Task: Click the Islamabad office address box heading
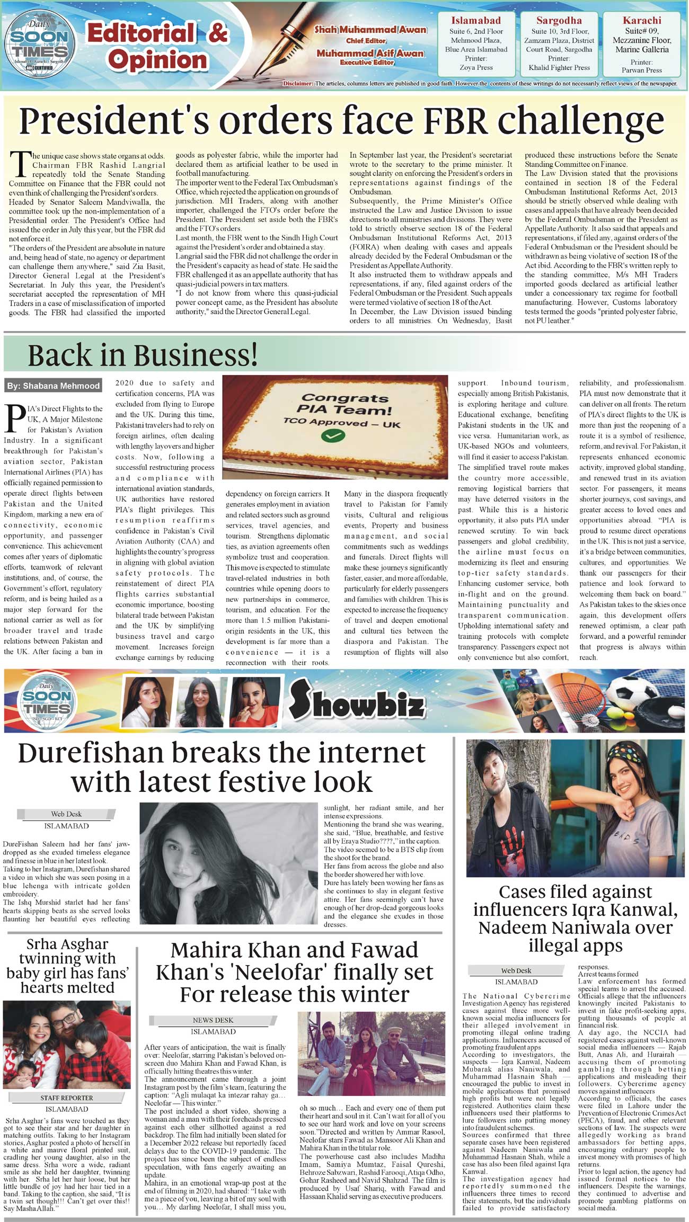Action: pos(476,21)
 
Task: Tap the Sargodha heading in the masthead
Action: pos(559,21)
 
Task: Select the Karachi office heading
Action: pos(642,21)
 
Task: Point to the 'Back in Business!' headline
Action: pos(143,355)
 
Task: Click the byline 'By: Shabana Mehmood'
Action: pos(53,386)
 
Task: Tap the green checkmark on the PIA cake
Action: pos(333,436)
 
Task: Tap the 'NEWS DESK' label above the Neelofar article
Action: pos(213,1020)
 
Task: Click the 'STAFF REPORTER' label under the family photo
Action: pos(66,1098)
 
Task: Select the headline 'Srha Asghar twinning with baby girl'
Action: pos(67,966)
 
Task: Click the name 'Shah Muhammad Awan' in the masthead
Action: pos(370,30)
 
